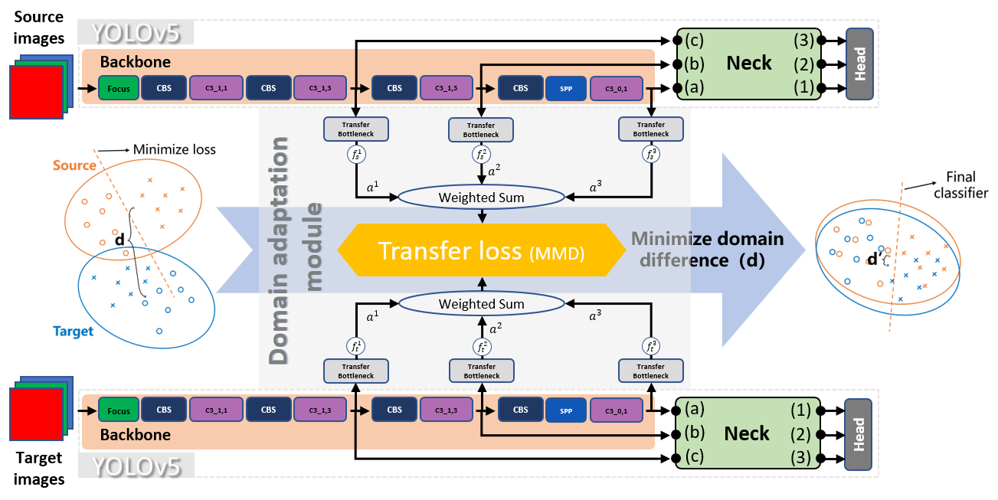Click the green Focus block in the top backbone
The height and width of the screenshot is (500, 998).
click(x=119, y=88)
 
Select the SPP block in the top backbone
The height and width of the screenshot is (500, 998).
click(x=566, y=88)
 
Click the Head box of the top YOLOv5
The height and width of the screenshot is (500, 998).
click(x=859, y=64)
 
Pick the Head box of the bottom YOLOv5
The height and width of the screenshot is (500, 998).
click(x=859, y=433)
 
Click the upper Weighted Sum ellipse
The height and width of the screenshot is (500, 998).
click(x=482, y=198)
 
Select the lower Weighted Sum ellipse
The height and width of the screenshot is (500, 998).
click(x=482, y=304)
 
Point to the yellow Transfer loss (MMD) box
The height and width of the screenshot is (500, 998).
click(x=482, y=250)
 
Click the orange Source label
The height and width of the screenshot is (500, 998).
click(x=74, y=165)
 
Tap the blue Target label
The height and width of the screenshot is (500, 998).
click(x=74, y=332)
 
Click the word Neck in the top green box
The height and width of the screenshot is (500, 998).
click(x=748, y=64)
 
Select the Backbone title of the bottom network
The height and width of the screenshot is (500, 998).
click(x=136, y=435)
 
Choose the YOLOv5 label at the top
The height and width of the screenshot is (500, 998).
click(x=136, y=34)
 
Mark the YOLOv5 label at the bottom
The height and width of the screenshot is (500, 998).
click(x=136, y=466)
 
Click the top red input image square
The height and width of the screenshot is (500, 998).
click(x=35, y=92)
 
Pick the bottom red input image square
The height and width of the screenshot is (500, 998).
click(x=35, y=414)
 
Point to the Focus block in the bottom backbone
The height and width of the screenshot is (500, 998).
click(x=119, y=410)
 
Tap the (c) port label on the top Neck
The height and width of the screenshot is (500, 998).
click(x=695, y=40)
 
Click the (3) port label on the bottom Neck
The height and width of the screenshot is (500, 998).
click(x=800, y=458)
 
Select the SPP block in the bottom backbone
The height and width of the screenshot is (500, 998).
click(x=566, y=410)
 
